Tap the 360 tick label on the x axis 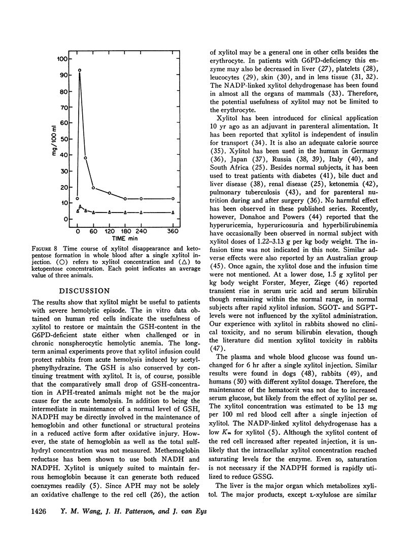click(x=173, y=231)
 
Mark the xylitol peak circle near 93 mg click(x=80, y=70)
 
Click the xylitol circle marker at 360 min click(x=174, y=198)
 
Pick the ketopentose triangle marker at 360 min click(x=174, y=212)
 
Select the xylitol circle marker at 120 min click(x=110, y=193)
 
